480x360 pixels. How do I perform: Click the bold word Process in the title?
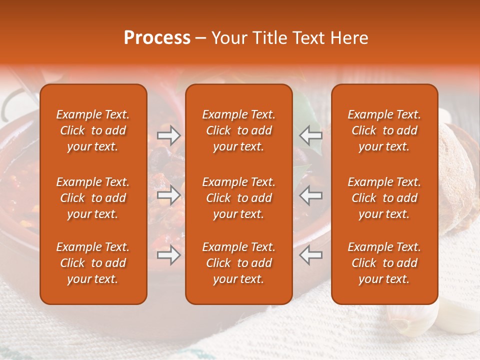(x=157, y=38)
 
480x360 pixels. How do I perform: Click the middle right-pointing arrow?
(x=168, y=195)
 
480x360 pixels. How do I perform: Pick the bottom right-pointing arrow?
(x=168, y=255)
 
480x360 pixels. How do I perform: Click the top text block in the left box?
(x=93, y=130)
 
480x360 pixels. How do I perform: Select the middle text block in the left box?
(x=93, y=198)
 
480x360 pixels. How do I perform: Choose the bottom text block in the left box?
(x=93, y=263)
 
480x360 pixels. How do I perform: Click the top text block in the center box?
(x=239, y=130)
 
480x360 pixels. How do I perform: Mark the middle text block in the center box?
(x=239, y=198)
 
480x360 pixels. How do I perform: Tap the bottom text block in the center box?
(x=239, y=263)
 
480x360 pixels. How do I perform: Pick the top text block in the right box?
(x=384, y=130)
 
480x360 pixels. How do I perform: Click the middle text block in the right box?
(x=384, y=198)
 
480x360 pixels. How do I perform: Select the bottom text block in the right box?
(x=384, y=263)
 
